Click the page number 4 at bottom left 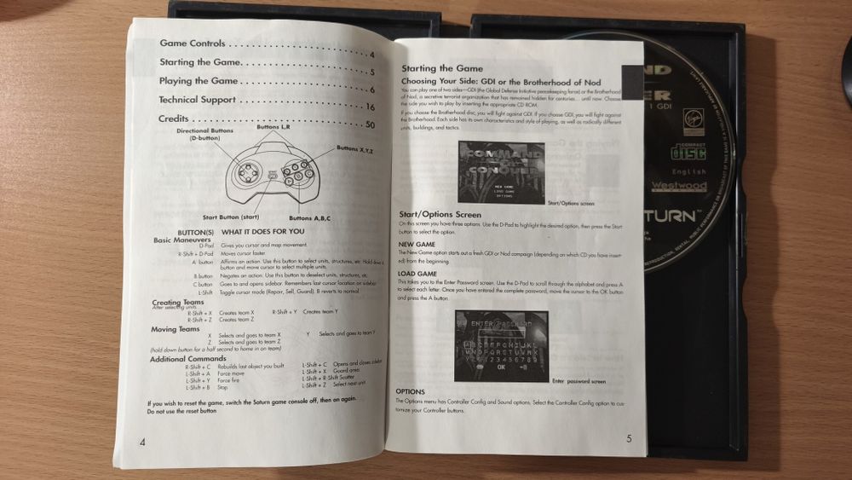pyautogui.click(x=142, y=440)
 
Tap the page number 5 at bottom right pyautogui.click(x=629, y=439)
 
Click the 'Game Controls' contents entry pyautogui.click(x=193, y=43)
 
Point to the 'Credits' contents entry pyautogui.click(x=173, y=119)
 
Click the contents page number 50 pyautogui.click(x=370, y=125)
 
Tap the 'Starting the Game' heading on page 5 pyautogui.click(x=441, y=68)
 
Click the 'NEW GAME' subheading pyautogui.click(x=417, y=243)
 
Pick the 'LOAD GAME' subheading pyautogui.click(x=417, y=273)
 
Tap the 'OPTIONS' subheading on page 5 pyautogui.click(x=416, y=391)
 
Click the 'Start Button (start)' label pyautogui.click(x=231, y=217)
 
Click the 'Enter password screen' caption pyautogui.click(x=579, y=381)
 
